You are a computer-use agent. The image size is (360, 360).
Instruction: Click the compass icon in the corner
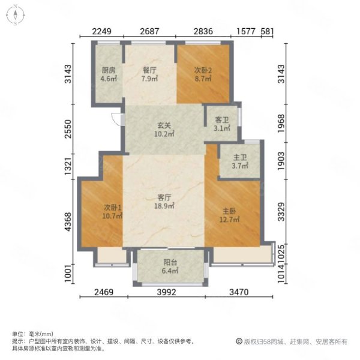tap(15, 15)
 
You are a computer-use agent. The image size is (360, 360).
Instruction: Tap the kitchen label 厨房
tap(109, 70)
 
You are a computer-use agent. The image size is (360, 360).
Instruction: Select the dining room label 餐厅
tap(149, 70)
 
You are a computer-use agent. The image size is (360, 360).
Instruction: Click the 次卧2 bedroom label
tap(203, 70)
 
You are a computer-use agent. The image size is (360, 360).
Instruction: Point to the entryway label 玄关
tap(164, 125)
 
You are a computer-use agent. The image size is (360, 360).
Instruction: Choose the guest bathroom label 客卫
tap(222, 120)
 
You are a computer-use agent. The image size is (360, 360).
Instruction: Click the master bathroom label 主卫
tap(240, 157)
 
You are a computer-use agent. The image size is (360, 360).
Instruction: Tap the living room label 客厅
tap(164, 197)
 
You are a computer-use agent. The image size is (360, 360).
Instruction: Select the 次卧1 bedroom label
tap(112, 208)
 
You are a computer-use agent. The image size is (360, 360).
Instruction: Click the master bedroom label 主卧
tap(229, 211)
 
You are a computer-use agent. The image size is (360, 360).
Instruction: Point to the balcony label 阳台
tap(170, 262)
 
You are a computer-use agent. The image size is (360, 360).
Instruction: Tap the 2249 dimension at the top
tap(102, 31)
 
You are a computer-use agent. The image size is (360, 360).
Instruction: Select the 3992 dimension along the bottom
tap(166, 292)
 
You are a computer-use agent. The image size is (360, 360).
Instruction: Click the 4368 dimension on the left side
tap(68, 222)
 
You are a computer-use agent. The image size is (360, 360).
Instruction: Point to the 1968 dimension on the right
tap(281, 124)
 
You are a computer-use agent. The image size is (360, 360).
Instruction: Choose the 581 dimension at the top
tap(267, 31)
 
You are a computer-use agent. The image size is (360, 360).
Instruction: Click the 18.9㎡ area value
tap(164, 206)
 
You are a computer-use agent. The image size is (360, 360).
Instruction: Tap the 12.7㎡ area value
tap(229, 220)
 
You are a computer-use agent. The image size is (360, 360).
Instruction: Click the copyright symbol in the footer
tap(239, 341)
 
